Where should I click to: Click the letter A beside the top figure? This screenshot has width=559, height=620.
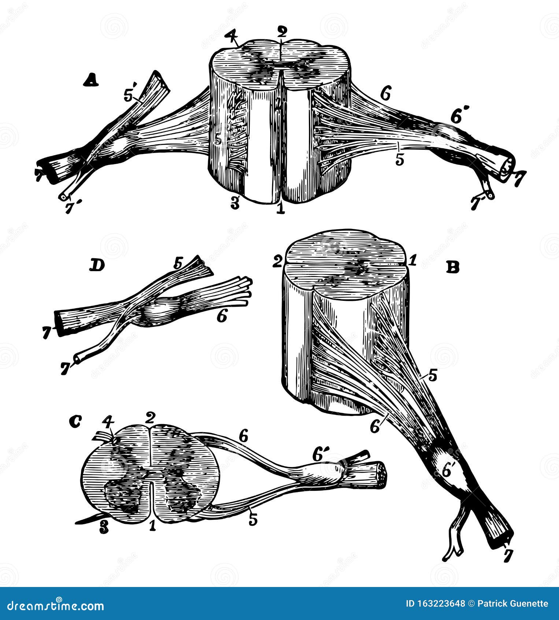91,80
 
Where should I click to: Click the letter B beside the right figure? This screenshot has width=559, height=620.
453,268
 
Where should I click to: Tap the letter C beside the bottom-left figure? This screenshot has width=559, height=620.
75,423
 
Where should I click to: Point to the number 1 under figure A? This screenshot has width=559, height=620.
280,208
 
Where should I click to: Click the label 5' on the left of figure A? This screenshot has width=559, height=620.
130,96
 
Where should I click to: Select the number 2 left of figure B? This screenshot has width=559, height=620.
278,262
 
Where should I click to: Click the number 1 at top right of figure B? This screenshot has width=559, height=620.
412,261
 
